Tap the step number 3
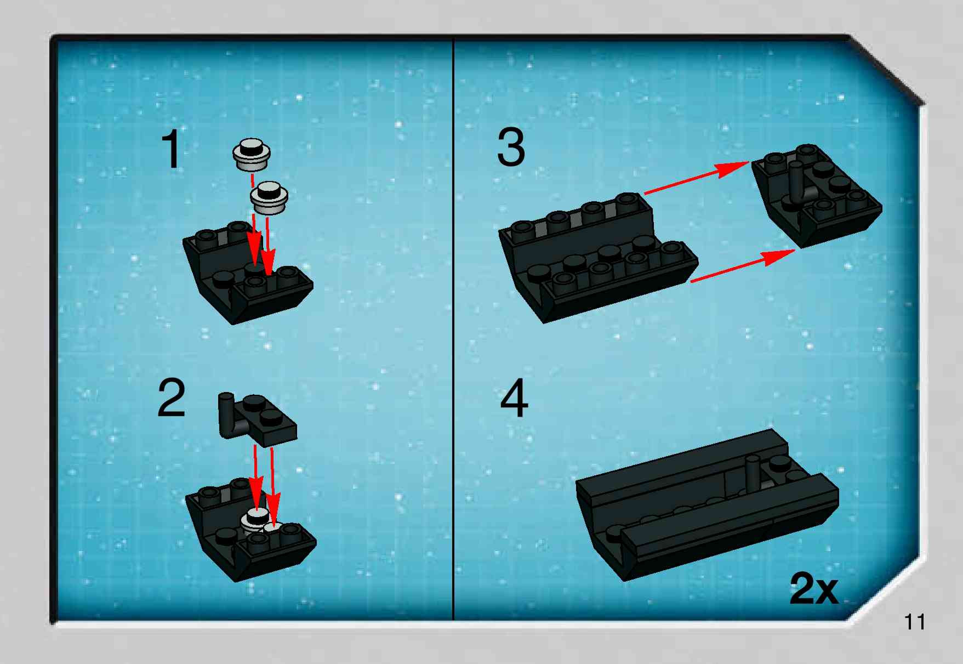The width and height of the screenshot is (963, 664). [511, 146]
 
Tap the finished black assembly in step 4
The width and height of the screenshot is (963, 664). [707, 506]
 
